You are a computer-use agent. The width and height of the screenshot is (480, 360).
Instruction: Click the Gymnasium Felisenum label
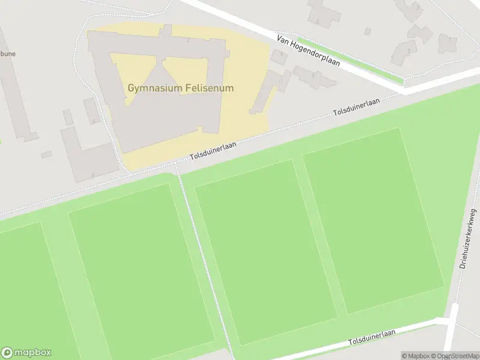[x=181, y=88]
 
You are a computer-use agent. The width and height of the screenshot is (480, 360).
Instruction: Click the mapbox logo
[x=26, y=353]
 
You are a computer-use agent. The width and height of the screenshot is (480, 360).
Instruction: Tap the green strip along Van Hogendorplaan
[x=351, y=60]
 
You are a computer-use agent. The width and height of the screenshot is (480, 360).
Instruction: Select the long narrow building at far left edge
[x=15, y=90]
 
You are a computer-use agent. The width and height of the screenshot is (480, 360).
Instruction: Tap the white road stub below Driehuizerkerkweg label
[x=452, y=327]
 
